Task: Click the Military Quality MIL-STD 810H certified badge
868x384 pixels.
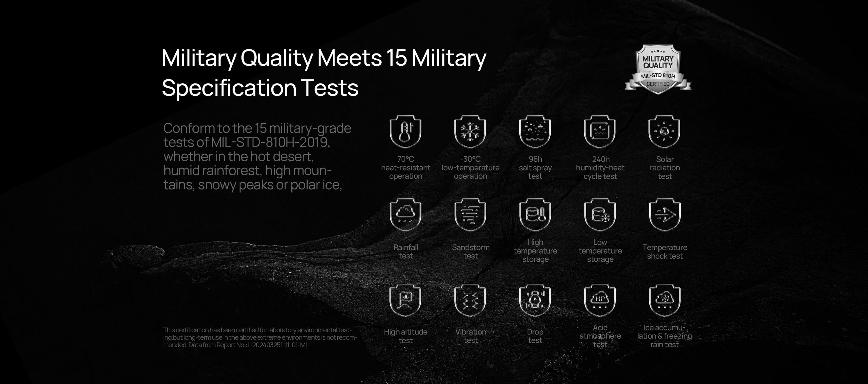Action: point(658,69)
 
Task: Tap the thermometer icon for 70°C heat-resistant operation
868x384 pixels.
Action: point(405,131)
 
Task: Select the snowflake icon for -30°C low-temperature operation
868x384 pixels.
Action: point(470,131)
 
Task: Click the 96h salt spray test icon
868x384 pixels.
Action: point(535,131)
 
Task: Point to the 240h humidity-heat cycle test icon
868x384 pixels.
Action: point(600,131)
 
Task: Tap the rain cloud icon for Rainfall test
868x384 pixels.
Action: point(405,215)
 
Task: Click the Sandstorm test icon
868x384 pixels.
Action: point(470,215)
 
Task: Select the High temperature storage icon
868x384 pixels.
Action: point(535,215)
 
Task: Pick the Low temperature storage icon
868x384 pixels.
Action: point(600,215)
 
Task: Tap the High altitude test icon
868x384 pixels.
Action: point(405,300)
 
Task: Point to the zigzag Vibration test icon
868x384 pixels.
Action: point(470,300)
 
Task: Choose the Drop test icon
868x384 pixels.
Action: point(535,300)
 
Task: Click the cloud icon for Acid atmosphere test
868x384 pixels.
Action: point(600,300)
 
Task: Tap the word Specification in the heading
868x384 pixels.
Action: point(229,88)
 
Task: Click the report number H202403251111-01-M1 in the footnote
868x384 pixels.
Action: point(278,345)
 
